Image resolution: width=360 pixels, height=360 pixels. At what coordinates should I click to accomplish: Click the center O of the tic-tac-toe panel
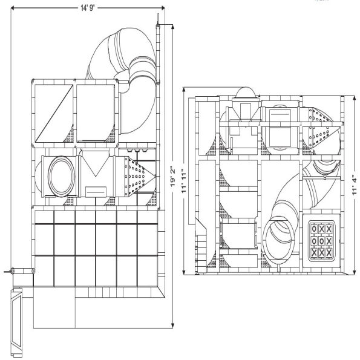(321, 240)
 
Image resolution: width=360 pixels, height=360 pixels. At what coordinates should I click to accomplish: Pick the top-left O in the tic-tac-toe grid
(313, 229)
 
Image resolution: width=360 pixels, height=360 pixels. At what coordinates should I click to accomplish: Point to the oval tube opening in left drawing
(59, 175)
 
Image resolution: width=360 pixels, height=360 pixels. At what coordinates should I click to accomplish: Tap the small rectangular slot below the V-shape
(96, 191)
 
